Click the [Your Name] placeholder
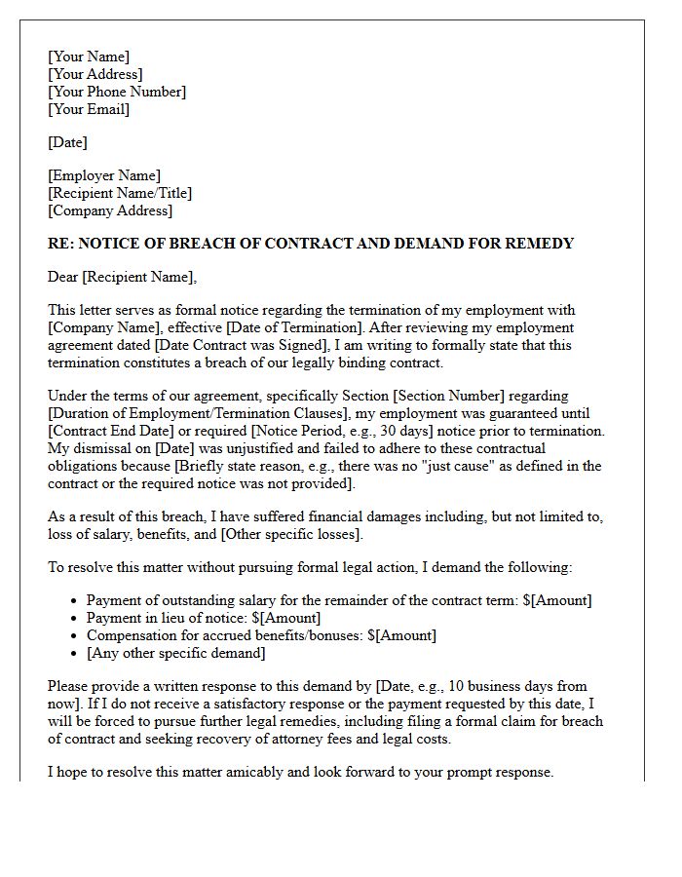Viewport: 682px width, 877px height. pos(89,57)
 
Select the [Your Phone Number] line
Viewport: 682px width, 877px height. pos(117,92)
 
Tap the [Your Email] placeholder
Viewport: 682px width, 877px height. pos(89,109)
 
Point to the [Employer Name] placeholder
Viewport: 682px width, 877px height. pos(104,175)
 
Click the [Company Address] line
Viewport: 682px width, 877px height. pos(110,210)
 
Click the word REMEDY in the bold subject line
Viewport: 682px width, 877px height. pos(541,244)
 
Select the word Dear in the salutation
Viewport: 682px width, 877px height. pos(63,277)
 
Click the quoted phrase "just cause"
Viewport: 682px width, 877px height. pos(395,466)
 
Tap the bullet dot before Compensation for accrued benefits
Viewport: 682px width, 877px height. pos(75,636)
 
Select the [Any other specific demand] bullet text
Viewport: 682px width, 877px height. pos(175,653)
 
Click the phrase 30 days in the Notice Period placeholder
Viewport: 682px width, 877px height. pos(452,431)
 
